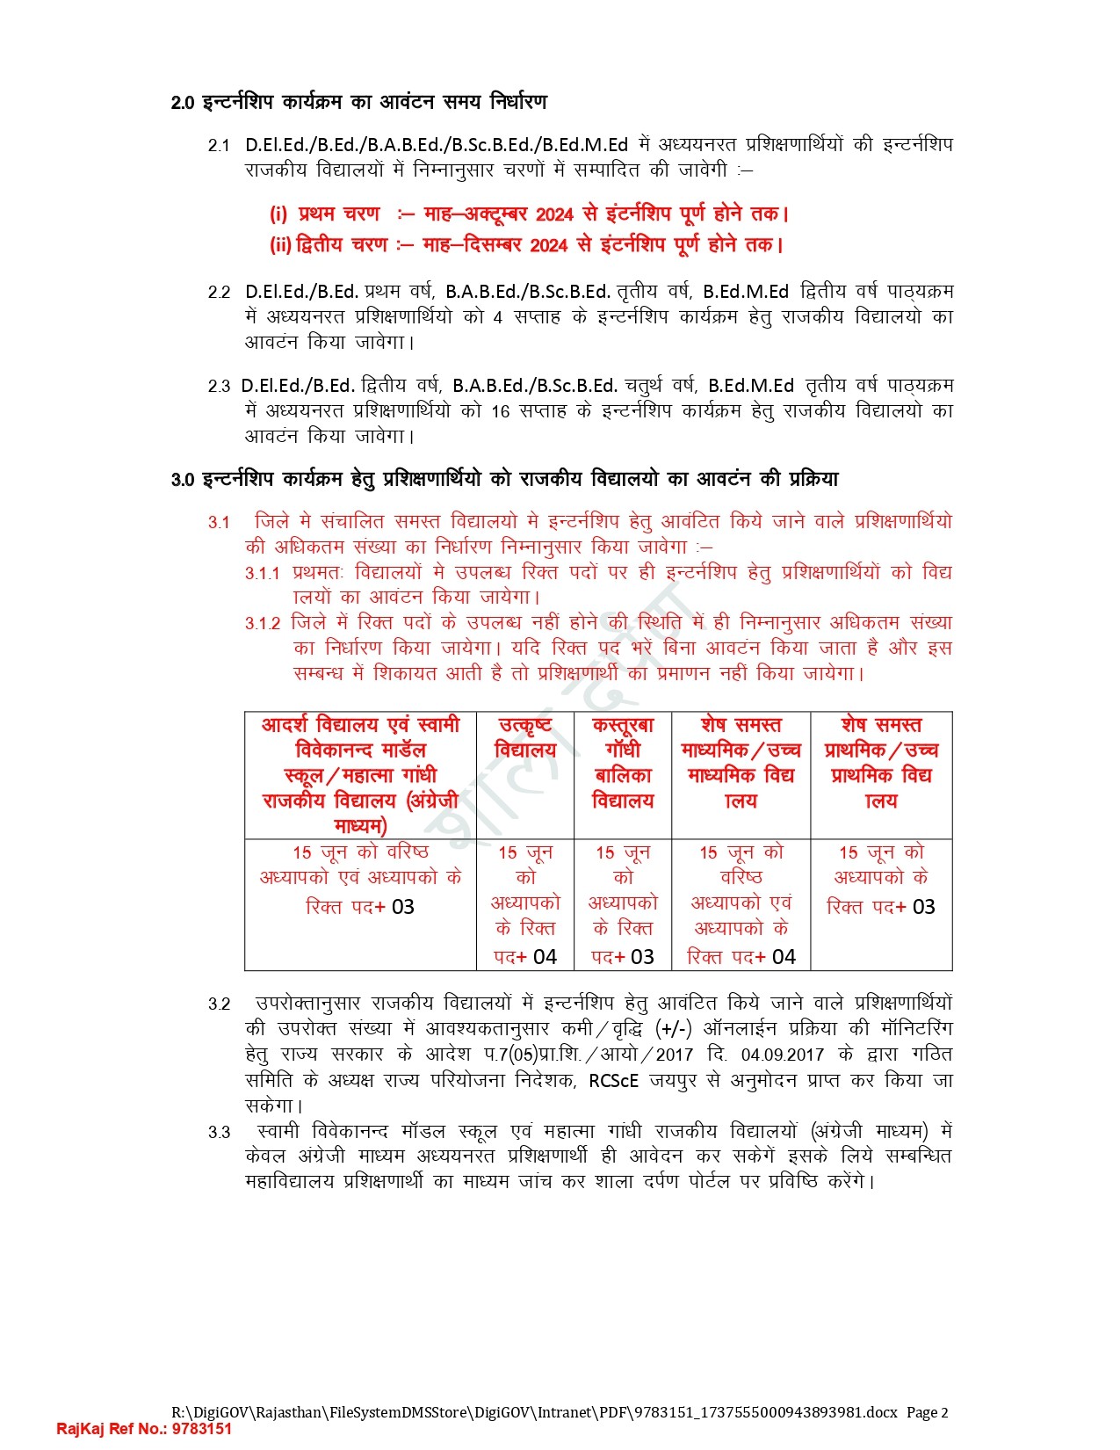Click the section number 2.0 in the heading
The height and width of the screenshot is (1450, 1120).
(182, 104)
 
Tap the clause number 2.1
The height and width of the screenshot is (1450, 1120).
(219, 146)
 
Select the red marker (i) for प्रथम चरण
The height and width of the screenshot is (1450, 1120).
(278, 214)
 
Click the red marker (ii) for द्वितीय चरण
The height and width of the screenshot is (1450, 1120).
(280, 245)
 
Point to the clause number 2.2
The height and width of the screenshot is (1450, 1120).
(219, 293)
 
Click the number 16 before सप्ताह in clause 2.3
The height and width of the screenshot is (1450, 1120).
(500, 411)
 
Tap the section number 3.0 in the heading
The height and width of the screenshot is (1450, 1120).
(182, 481)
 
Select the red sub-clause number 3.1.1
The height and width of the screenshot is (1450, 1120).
(262, 574)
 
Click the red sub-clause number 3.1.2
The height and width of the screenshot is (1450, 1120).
(263, 624)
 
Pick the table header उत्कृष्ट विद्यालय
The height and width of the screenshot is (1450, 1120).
(525, 737)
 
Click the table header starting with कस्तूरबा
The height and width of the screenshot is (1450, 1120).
(623, 762)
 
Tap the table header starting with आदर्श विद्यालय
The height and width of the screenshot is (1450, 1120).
(360, 774)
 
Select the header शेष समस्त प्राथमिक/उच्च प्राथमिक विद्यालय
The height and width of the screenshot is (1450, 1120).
(881, 762)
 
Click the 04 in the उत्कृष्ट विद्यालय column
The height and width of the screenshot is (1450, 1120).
(545, 957)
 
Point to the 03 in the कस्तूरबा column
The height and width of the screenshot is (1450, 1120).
(642, 957)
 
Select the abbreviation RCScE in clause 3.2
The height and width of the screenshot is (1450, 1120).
(613, 1080)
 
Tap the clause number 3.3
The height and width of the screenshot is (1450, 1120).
(219, 1133)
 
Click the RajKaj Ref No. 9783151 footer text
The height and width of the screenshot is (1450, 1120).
(144, 1429)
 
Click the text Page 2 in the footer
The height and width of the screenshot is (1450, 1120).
(927, 1412)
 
